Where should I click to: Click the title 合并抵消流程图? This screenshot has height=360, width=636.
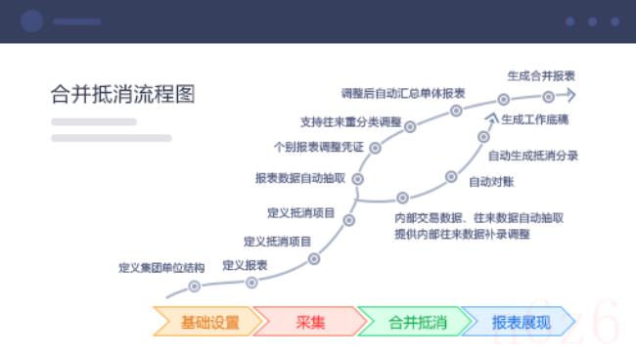122,94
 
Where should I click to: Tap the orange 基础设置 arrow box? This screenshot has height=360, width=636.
208,322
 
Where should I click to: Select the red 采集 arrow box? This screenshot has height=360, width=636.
310,322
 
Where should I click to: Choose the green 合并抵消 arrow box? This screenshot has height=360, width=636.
416,322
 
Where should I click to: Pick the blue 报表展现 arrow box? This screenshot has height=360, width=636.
520,322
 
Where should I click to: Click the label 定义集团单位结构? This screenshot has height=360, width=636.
161,267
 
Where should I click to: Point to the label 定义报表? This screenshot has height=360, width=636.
245,264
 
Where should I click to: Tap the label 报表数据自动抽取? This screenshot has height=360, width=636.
300,178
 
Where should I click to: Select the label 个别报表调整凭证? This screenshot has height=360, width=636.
319,147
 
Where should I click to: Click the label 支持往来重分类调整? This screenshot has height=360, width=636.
350,122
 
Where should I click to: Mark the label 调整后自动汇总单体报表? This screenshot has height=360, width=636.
402,93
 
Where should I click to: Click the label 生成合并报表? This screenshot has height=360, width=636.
540,74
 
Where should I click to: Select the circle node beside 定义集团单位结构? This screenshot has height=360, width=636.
195,287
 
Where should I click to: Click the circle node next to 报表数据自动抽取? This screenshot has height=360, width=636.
358,179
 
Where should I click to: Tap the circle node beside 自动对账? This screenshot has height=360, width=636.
451,177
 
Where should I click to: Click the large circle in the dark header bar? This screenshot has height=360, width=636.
32,21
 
